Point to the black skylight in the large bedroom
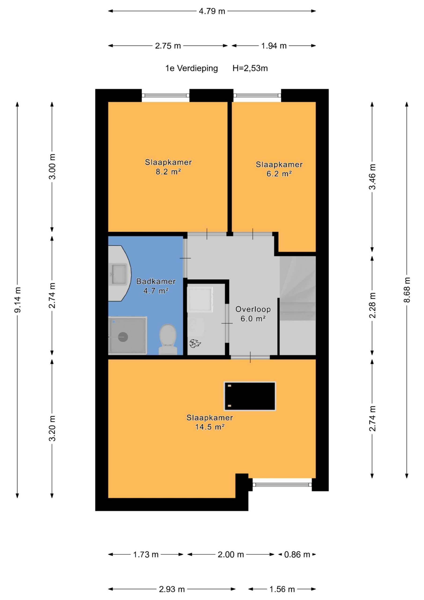[250, 396]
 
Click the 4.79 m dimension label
[212, 11]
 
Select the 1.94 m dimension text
[274, 46]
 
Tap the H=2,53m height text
[250, 68]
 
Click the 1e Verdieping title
[191, 68]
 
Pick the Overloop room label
[253, 309]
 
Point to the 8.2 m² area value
[168, 172]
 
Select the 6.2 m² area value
[279, 173]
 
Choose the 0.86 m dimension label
[297, 555]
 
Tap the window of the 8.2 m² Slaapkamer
[166, 96]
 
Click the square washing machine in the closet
[200, 300]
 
